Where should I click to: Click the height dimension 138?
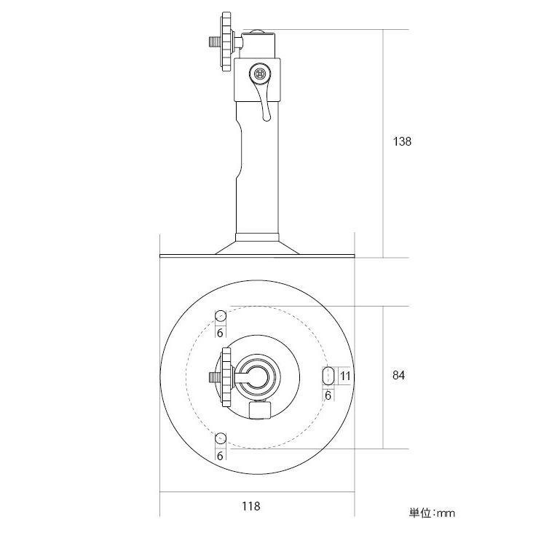point(402,142)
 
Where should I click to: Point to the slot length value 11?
point(345,376)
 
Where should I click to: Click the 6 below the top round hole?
point(219,332)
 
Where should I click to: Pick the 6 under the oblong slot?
point(328,395)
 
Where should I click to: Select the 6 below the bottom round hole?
point(219,455)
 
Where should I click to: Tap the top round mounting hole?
point(220,315)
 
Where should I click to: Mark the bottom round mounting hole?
point(220,438)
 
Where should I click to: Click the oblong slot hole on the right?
point(328,376)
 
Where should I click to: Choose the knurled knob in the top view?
point(226,378)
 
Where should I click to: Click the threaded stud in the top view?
point(215,378)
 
